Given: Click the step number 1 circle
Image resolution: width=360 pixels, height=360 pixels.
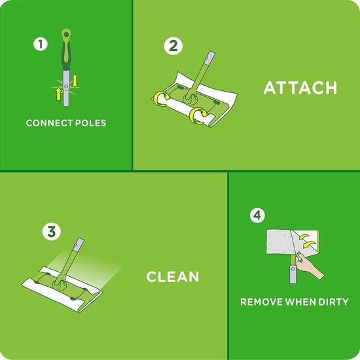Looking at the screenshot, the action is tap(41, 44).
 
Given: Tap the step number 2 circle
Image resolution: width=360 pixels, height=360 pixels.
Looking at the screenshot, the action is tap(173, 46).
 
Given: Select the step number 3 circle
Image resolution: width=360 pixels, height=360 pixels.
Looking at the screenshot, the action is tap(52, 231).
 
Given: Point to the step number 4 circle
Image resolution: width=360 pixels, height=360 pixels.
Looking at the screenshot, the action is tap(257, 215).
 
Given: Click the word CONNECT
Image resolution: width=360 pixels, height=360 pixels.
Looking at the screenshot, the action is tap(49, 123).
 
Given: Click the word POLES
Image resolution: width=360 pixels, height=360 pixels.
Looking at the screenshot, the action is tap(91, 123).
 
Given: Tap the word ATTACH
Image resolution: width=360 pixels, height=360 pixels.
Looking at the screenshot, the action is tap(300, 88).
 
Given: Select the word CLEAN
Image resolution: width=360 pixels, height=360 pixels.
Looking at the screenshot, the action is tap(173, 277).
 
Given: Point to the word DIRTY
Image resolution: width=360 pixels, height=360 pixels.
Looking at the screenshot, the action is tap(333, 302).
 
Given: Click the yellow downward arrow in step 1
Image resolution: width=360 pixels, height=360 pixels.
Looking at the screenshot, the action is tap(75, 81).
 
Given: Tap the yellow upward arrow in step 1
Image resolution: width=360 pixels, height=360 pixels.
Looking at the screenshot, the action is tap(58, 94).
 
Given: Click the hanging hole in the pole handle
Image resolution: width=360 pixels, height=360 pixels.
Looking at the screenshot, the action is tap(66, 34).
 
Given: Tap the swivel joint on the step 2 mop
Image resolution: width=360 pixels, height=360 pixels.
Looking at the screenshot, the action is tap(190, 99).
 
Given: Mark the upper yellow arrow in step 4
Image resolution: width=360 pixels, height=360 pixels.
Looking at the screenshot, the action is tap(304, 237).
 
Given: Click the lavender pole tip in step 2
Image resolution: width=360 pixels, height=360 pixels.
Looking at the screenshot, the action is tap(210, 58).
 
